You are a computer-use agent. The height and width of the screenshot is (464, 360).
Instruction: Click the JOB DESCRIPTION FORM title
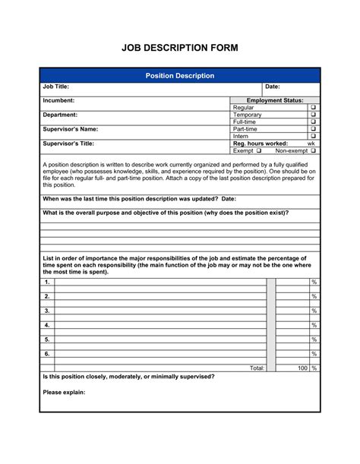180,48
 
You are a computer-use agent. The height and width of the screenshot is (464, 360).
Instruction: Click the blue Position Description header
180,76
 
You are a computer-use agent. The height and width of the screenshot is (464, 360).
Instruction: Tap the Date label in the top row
273,87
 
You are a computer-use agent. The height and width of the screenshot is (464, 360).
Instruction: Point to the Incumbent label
58,100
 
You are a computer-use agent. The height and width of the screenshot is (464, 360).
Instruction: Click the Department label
60,115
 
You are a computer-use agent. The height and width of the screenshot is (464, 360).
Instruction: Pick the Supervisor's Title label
68,144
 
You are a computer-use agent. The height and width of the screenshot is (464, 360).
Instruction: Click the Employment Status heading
275,100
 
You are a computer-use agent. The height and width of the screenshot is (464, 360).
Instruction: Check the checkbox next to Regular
313,108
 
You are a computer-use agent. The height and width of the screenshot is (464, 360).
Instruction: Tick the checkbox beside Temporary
313,115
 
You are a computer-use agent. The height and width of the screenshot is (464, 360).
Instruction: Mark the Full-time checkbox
313,122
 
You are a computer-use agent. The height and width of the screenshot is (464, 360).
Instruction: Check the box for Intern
313,137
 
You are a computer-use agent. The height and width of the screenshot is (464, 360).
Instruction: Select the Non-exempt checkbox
313,151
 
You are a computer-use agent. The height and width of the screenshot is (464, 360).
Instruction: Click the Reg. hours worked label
260,144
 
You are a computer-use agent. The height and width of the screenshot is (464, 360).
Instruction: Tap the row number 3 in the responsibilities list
47,311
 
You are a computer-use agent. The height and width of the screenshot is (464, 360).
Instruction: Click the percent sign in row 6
314,354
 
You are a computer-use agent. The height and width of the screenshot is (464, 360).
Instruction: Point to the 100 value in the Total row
302,368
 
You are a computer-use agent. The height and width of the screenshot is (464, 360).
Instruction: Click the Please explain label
64,393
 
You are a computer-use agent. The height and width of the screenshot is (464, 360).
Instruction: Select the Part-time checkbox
313,129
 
